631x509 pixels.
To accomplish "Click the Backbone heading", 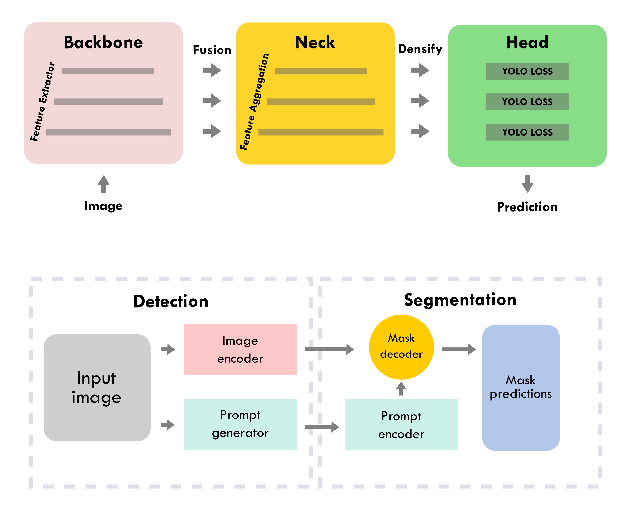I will (103, 43).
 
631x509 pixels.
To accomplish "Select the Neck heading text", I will (315, 43).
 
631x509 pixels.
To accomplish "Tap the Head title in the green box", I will (527, 43).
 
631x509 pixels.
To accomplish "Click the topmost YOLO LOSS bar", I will (527, 71).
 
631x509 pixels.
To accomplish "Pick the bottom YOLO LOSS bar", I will (527, 132).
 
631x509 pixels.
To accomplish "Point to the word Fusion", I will (212, 50).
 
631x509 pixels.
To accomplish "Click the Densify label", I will (420, 49).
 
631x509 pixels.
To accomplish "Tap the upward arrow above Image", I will (103, 184).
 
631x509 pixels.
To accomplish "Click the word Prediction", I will (527, 207).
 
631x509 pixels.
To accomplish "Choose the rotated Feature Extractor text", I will (42, 101).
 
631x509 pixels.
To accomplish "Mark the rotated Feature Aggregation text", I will (254, 101).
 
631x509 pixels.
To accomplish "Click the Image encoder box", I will (240, 349).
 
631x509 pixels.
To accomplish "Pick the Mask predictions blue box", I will (521, 387).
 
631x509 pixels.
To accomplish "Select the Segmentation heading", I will (460, 300).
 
